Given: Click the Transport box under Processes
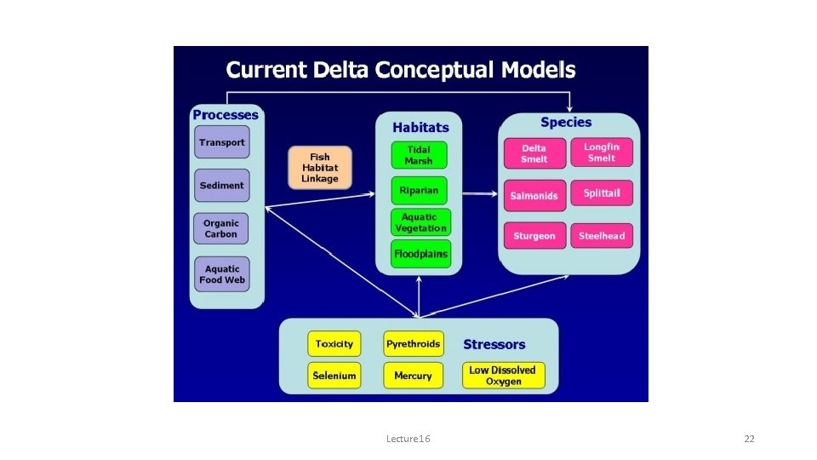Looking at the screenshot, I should tap(221, 142).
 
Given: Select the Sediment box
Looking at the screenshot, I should tap(221, 185).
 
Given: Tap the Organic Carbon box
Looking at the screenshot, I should tap(221, 228).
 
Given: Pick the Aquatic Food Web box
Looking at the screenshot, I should tap(221, 274).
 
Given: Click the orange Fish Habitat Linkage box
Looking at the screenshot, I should tap(319, 168).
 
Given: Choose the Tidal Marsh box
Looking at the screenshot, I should tap(419, 155).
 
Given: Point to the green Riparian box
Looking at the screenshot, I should tap(419, 190).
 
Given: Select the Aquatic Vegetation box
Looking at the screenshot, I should tap(420, 222).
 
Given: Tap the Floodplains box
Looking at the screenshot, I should tap(420, 254).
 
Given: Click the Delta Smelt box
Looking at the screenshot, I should tap(534, 153).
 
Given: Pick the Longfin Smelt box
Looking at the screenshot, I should tap(602, 152).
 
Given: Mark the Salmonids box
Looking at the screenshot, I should tap(534, 196).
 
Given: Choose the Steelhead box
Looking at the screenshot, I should tap(602, 236).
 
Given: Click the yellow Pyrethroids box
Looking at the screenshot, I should tap(414, 344).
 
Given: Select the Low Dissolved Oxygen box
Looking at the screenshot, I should tap(502, 376).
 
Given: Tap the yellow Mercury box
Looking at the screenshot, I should tap(414, 376).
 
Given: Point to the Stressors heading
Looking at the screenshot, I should tap(494, 345).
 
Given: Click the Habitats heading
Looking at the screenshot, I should tap(420, 127).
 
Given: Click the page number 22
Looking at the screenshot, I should tap(749, 439).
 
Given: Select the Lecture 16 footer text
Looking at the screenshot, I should tap(408, 439).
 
